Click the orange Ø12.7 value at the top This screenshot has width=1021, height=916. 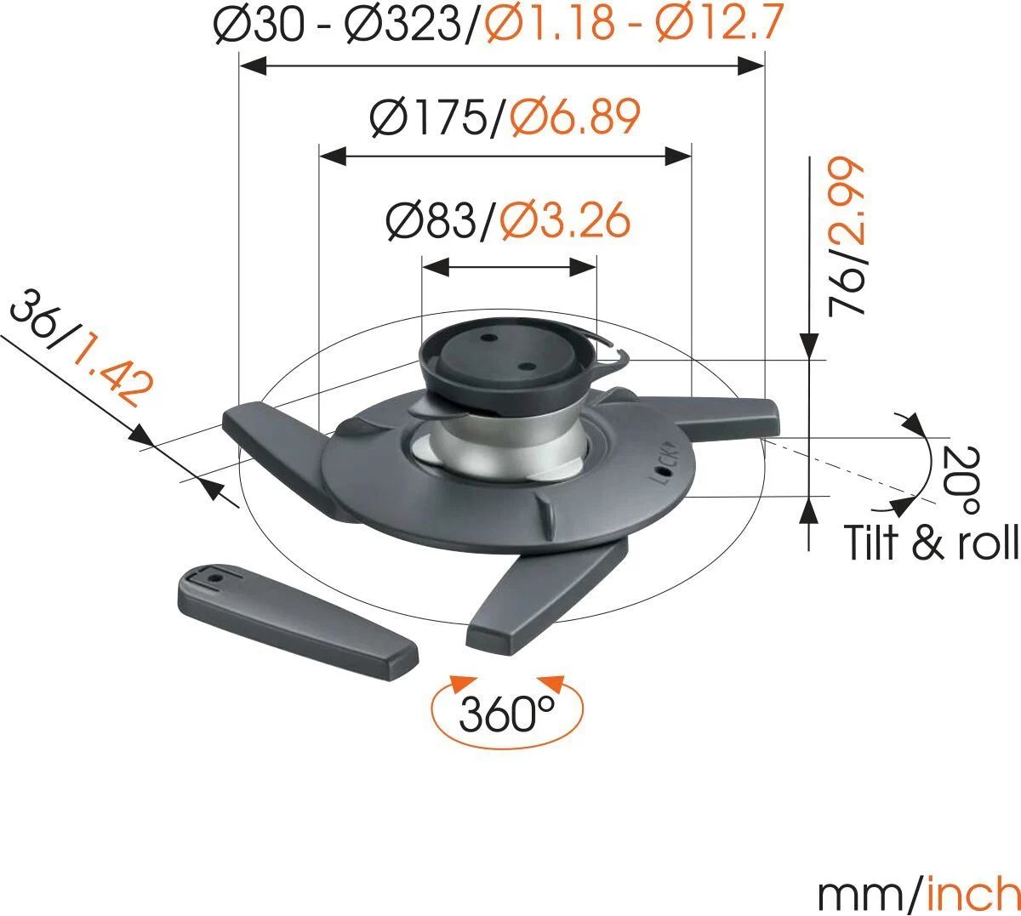coord(719,25)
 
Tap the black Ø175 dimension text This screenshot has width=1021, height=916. coord(430,118)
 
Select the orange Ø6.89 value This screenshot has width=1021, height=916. coord(575,118)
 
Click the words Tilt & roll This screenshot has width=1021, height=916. coord(931,542)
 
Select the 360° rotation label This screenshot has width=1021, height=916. coord(507,713)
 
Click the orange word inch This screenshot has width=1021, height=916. coord(972,893)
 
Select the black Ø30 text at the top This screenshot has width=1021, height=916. coord(260,25)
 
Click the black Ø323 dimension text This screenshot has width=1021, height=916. coord(400,25)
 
